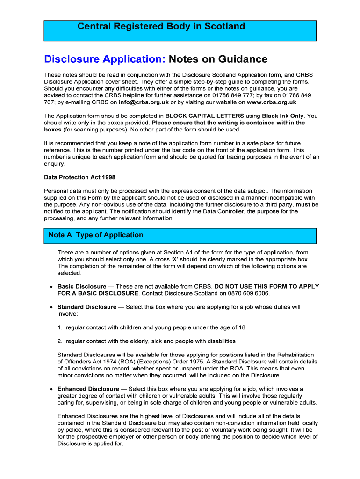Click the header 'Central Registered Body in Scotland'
[161, 27]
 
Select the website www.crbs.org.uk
[272, 102]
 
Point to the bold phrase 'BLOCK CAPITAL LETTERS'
[204, 116]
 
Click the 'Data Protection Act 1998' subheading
[79, 177]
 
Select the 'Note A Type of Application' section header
[96, 235]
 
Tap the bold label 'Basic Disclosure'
[82, 286]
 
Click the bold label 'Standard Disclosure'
[87, 307]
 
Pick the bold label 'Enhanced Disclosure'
[88, 389]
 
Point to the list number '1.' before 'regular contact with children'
[60, 327]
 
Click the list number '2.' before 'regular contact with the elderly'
[60, 341]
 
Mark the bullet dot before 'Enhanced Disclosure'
[50, 389]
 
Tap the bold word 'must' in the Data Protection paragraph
[303, 204]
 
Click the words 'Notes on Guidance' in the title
[218, 59]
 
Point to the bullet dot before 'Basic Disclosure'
[50, 287]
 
